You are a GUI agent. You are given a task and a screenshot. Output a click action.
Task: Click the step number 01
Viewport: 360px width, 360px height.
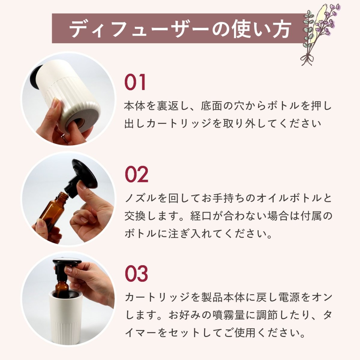pos(135,82)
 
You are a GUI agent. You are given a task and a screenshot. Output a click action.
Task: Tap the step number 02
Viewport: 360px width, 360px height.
pos(136,174)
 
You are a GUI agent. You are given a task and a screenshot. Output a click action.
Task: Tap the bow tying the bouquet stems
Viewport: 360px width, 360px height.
pos(307,58)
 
